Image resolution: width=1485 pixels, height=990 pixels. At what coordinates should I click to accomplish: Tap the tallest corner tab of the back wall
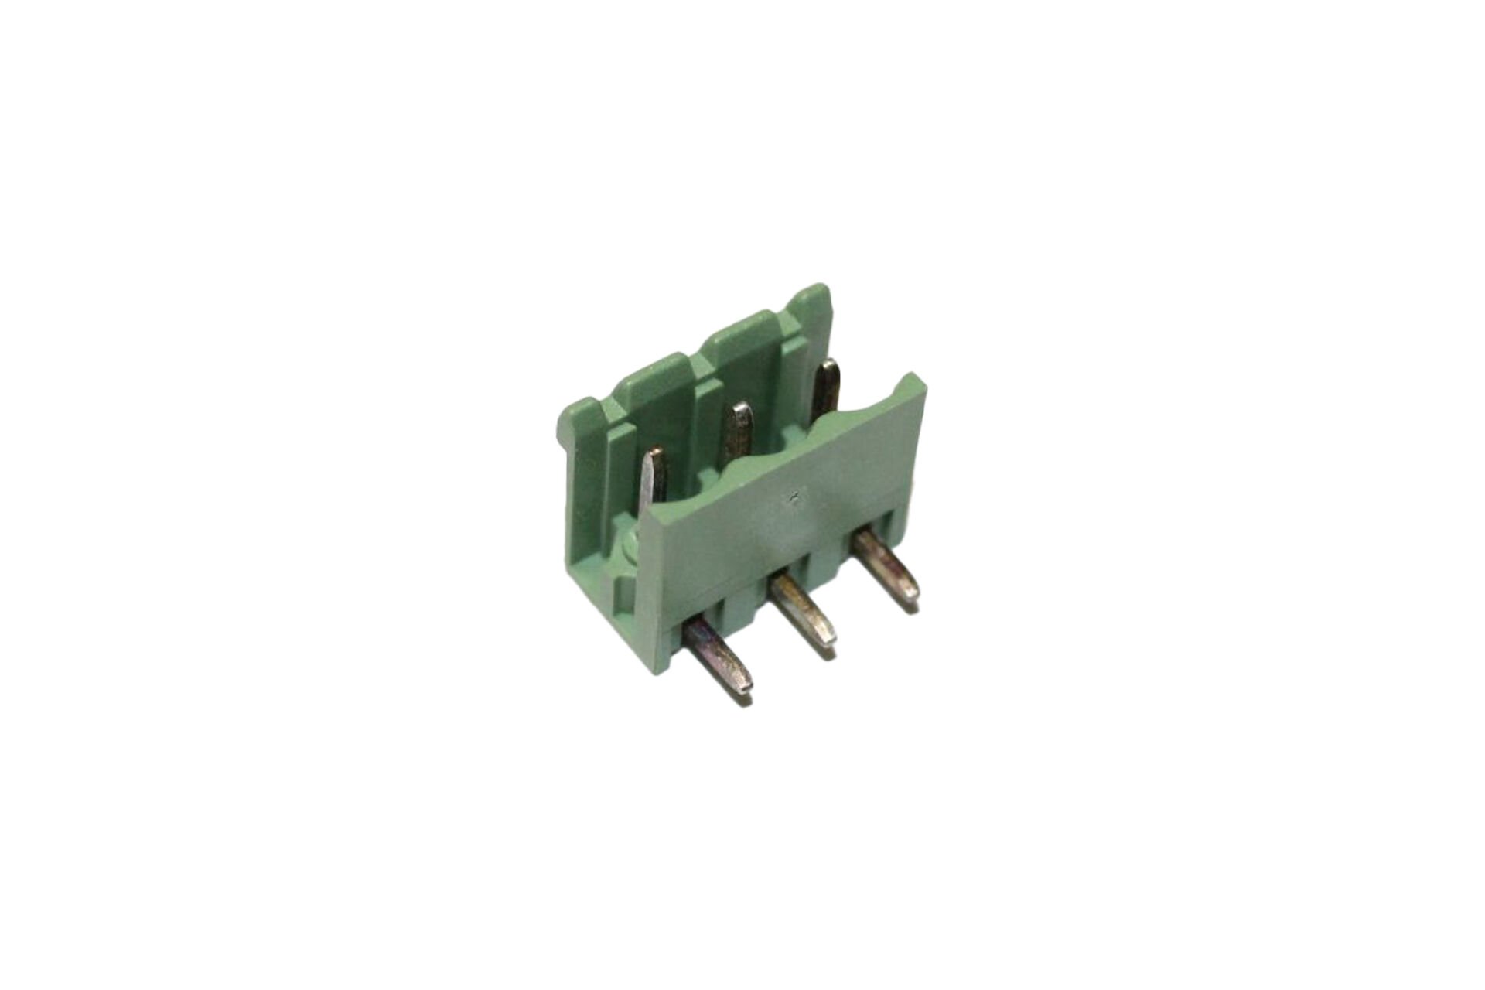tap(812, 298)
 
